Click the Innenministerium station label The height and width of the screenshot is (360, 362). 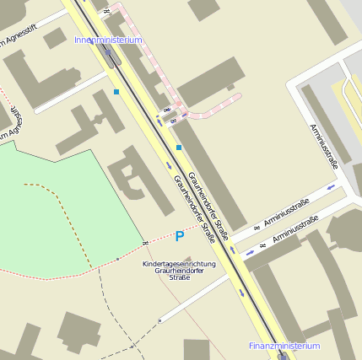pyautogui.click(x=108, y=40)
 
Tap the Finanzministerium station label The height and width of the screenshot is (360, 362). pyautogui.click(x=284, y=346)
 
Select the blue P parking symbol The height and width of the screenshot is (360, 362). pyautogui.click(x=179, y=237)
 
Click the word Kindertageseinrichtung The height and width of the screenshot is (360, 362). pyautogui.click(x=179, y=264)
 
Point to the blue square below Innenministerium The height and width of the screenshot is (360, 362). pyautogui.click(x=116, y=91)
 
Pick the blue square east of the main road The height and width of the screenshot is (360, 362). pyautogui.click(x=179, y=148)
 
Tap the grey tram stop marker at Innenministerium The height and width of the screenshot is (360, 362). pyautogui.click(x=110, y=56)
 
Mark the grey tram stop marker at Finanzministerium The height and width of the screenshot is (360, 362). pyautogui.click(x=282, y=356)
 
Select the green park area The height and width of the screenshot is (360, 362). pyautogui.click(x=51, y=211)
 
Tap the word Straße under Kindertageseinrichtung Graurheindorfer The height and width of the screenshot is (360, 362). pyautogui.click(x=179, y=277)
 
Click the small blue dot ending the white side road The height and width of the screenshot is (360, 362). pyautogui.click(x=159, y=321)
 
